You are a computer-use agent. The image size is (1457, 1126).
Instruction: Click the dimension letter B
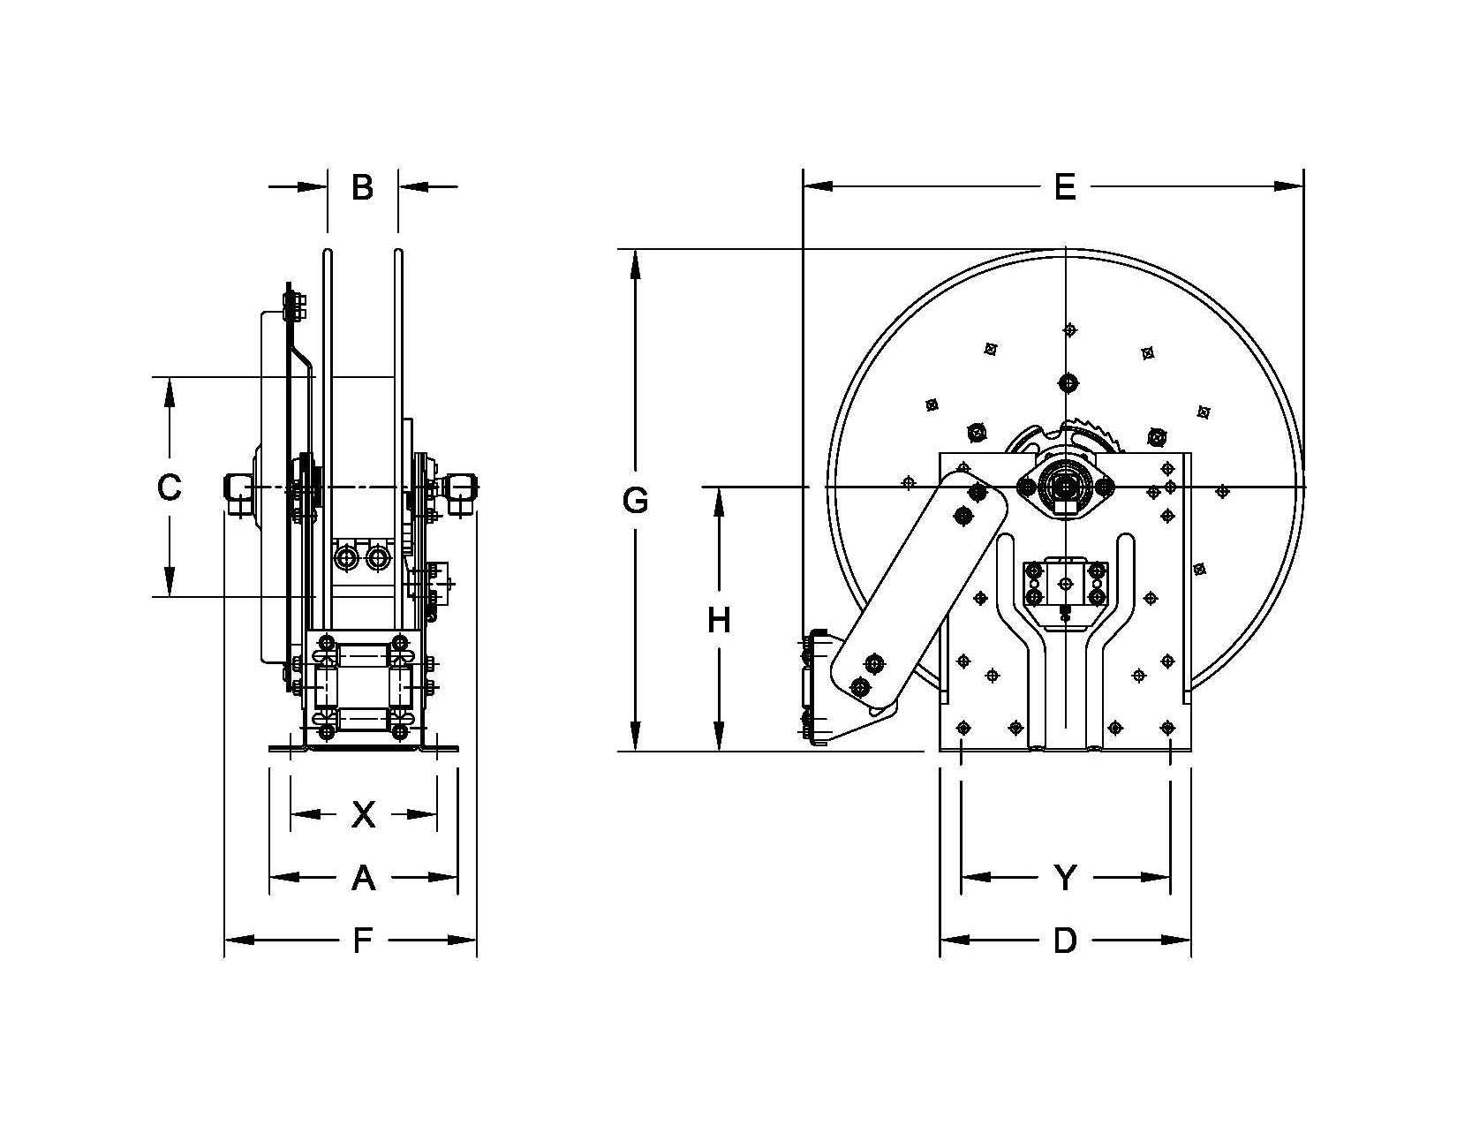pyautogui.click(x=362, y=187)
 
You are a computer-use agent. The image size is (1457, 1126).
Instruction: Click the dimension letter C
pyautogui.click(x=169, y=487)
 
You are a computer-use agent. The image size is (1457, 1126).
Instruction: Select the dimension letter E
pyautogui.click(x=1065, y=187)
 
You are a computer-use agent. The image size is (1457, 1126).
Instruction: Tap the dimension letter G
pyautogui.click(x=635, y=501)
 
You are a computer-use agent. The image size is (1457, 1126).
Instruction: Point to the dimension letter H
pyautogui.click(x=719, y=621)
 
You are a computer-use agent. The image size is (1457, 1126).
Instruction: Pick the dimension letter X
pyautogui.click(x=363, y=814)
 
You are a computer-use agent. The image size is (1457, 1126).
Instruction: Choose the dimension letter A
pyautogui.click(x=363, y=878)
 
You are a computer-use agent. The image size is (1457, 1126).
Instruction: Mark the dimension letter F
pyautogui.click(x=362, y=941)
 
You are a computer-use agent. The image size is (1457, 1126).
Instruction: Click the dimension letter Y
pyautogui.click(x=1066, y=878)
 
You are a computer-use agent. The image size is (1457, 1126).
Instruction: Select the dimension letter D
pyautogui.click(x=1065, y=941)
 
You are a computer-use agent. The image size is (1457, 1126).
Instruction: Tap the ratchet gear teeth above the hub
pyautogui.click(x=1095, y=438)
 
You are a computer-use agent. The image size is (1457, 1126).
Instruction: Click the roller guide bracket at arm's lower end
pyautogui.click(x=817, y=689)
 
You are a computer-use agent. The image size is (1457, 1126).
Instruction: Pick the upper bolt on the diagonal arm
pyautogui.click(x=978, y=492)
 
